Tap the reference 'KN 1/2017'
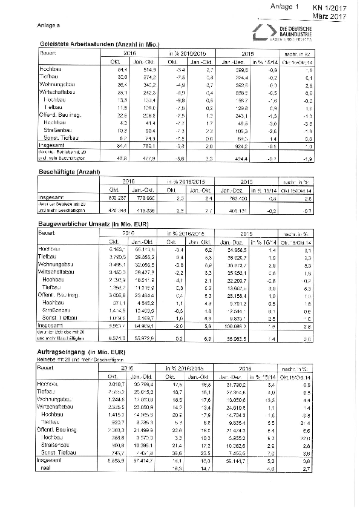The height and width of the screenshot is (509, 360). (329, 7)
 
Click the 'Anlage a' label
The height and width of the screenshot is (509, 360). (49, 25)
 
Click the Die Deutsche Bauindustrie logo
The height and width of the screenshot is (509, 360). (284, 34)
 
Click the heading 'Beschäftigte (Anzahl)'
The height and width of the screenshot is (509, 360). (68, 172)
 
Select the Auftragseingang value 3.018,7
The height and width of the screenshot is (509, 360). (114, 384)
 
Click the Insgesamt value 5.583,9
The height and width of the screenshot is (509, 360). (114, 461)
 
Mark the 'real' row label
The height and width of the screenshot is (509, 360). (44, 468)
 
